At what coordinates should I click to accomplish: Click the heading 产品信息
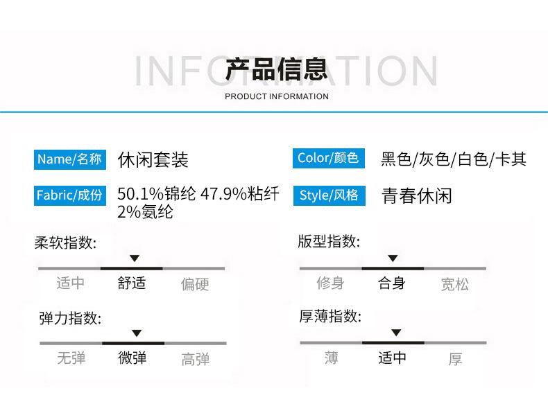point(276,70)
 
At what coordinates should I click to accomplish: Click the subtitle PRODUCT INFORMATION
point(277,96)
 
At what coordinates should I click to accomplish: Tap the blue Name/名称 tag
point(69,159)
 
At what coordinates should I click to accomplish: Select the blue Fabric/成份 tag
point(69,195)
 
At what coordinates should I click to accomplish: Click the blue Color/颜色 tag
point(327,158)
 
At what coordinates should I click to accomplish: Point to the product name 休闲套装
point(153,160)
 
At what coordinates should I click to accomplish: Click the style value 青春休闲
point(417,195)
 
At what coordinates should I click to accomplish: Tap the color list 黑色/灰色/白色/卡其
point(454,159)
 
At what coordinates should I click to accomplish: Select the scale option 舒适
point(132,283)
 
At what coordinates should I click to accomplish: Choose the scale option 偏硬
point(195,284)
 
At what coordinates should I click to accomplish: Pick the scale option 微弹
point(132,358)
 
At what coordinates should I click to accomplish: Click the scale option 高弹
point(196,359)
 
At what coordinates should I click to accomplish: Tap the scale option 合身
point(392,283)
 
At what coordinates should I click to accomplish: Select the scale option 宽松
point(455,284)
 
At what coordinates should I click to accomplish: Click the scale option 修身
point(330,283)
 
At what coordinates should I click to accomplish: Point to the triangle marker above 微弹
point(137,333)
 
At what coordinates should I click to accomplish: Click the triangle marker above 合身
point(393,258)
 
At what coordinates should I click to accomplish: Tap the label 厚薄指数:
point(330,317)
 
